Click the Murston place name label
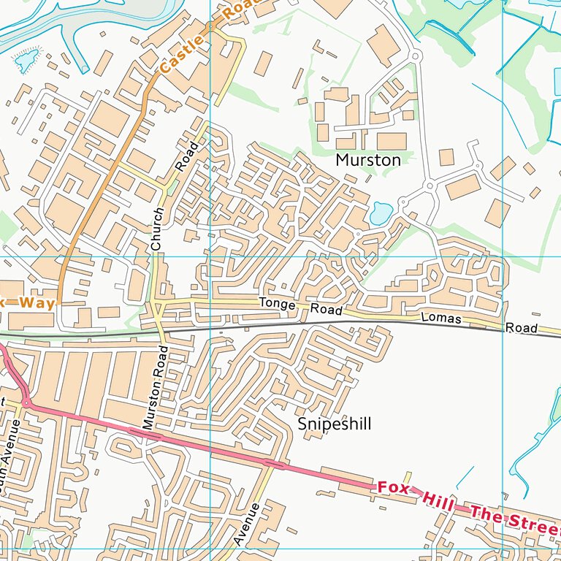[x=368, y=160]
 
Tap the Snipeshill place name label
[x=335, y=424]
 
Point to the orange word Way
[x=37, y=302]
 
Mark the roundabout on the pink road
[x=26, y=402]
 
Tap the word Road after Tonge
[x=326, y=310]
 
